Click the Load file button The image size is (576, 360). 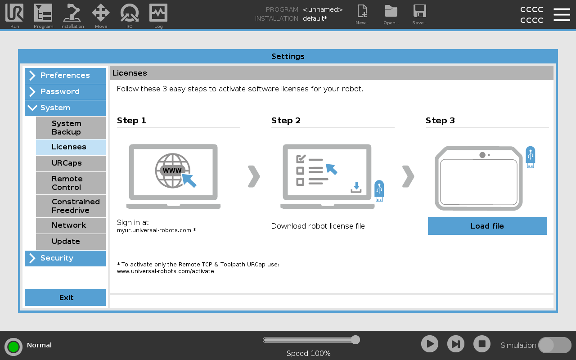487,226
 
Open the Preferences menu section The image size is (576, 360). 65,75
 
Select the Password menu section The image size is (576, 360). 65,91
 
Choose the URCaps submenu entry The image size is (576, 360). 71,163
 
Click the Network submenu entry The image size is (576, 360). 71,225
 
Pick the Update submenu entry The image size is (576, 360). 71,242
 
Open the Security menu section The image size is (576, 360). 65,258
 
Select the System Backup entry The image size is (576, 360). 71,128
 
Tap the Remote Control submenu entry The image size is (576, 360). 71,183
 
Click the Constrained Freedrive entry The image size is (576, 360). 71,206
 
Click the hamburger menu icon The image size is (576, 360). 562,14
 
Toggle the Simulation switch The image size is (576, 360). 555,345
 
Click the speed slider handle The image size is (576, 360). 355,340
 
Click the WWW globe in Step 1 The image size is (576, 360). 173,171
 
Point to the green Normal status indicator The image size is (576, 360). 13,346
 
